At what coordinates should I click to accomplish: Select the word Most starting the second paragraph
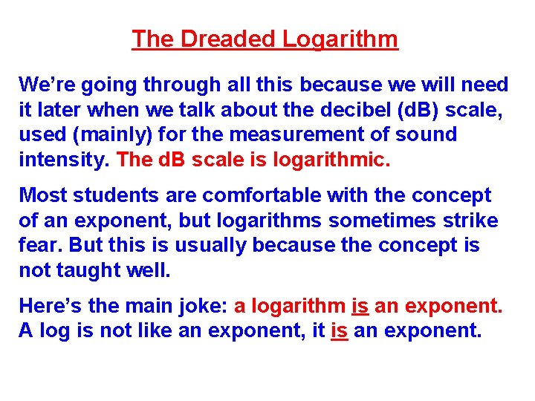42,195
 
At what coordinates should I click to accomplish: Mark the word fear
36,246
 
